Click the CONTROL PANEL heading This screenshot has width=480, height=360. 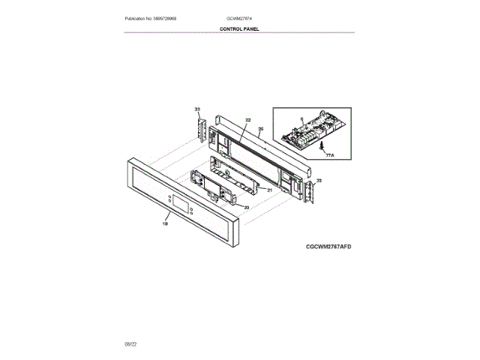tap(239, 28)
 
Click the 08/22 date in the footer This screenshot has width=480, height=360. tap(130, 343)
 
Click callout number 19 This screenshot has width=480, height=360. tap(165, 223)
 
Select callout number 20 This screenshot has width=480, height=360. tap(246, 206)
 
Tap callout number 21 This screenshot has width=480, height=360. tap(268, 190)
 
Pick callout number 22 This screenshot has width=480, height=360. tap(247, 120)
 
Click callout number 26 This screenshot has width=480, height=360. tap(261, 129)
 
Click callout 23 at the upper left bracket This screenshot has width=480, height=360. tap(197, 109)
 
